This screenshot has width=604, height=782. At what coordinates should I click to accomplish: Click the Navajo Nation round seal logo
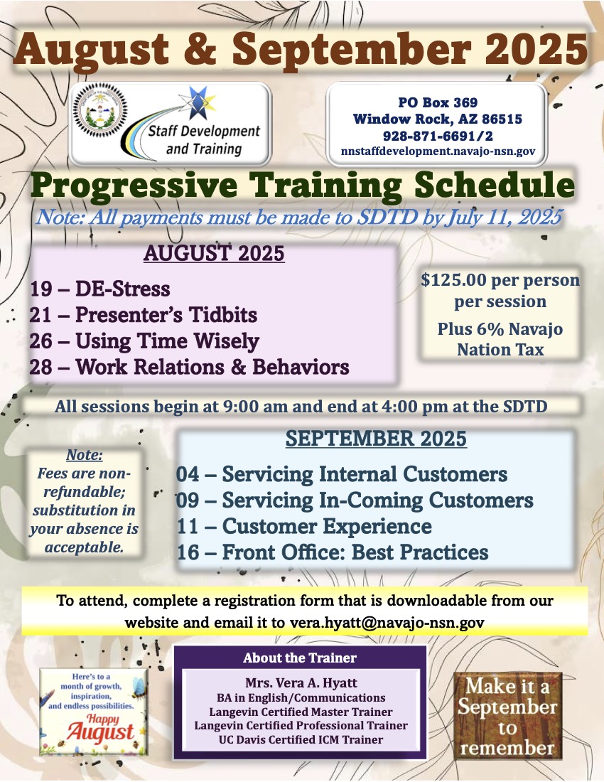click(100, 109)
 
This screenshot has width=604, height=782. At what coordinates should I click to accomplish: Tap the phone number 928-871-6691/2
click(438, 136)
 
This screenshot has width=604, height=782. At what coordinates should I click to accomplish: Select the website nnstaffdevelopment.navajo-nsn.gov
click(438, 151)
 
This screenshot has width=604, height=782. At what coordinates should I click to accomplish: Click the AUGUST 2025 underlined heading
click(214, 253)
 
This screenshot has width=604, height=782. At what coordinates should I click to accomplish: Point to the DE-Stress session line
click(99, 289)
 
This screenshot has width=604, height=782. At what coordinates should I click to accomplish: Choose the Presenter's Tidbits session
click(144, 315)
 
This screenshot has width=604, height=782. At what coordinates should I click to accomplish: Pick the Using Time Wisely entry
click(144, 341)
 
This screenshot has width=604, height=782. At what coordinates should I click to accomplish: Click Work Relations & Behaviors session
click(190, 367)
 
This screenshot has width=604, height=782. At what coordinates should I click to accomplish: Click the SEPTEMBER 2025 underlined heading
click(376, 439)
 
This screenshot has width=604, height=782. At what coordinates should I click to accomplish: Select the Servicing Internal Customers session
click(342, 473)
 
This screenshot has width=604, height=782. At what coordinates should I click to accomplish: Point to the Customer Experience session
click(305, 526)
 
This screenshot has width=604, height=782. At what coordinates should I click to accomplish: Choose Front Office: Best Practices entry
click(333, 552)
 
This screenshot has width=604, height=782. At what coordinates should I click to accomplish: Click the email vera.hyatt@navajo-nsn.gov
click(387, 623)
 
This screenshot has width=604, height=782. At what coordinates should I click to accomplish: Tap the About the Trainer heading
click(300, 658)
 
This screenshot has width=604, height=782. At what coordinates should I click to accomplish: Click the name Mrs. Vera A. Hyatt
click(301, 682)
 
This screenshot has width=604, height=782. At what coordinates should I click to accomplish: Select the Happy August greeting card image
click(93, 712)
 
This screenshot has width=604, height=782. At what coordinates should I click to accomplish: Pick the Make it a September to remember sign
click(508, 716)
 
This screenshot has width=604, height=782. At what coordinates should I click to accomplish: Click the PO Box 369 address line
click(438, 102)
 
